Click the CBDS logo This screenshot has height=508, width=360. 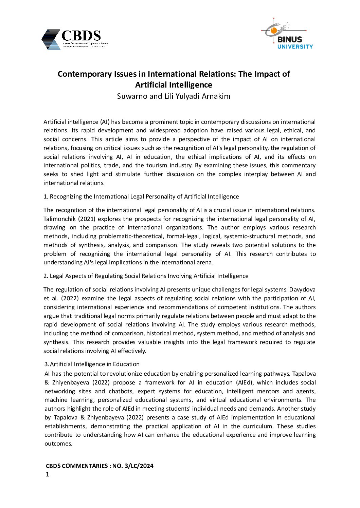pyautogui.click(x=75, y=39)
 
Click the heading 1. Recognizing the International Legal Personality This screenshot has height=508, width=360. pyautogui.click(x=141, y=196)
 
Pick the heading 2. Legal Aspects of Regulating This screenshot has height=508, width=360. pyautogui.click(x=146, y=276)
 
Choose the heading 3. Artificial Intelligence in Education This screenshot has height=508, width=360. pyautogui.click(x=92, y=364)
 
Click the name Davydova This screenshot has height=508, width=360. pyautogui.click(x=303, y=289)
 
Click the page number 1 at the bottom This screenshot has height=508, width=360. pyautogui.click(x=48, y=474)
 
